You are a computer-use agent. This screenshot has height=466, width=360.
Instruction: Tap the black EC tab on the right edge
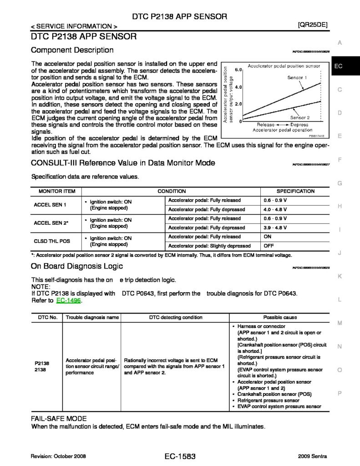(x=345, y=66)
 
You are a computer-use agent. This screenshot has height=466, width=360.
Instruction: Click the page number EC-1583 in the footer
(x=180, y=456)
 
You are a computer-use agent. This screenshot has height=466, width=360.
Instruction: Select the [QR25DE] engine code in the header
(x=312, y=25)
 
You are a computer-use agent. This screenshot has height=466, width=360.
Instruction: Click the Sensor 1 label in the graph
(x=297, y=78)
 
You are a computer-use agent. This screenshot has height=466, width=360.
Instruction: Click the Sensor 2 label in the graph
(x=299, y=117)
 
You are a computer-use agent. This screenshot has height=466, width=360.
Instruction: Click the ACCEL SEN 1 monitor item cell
(x=51, y=205)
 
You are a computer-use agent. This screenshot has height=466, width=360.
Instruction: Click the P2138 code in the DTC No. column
(x=42, y=363)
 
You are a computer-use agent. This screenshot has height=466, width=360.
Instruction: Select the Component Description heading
(x=72, y=50)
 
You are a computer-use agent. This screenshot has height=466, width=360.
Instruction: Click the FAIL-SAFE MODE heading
(x=59, y=418)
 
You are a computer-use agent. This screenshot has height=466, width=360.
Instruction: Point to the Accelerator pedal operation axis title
(x=279, y=130)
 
